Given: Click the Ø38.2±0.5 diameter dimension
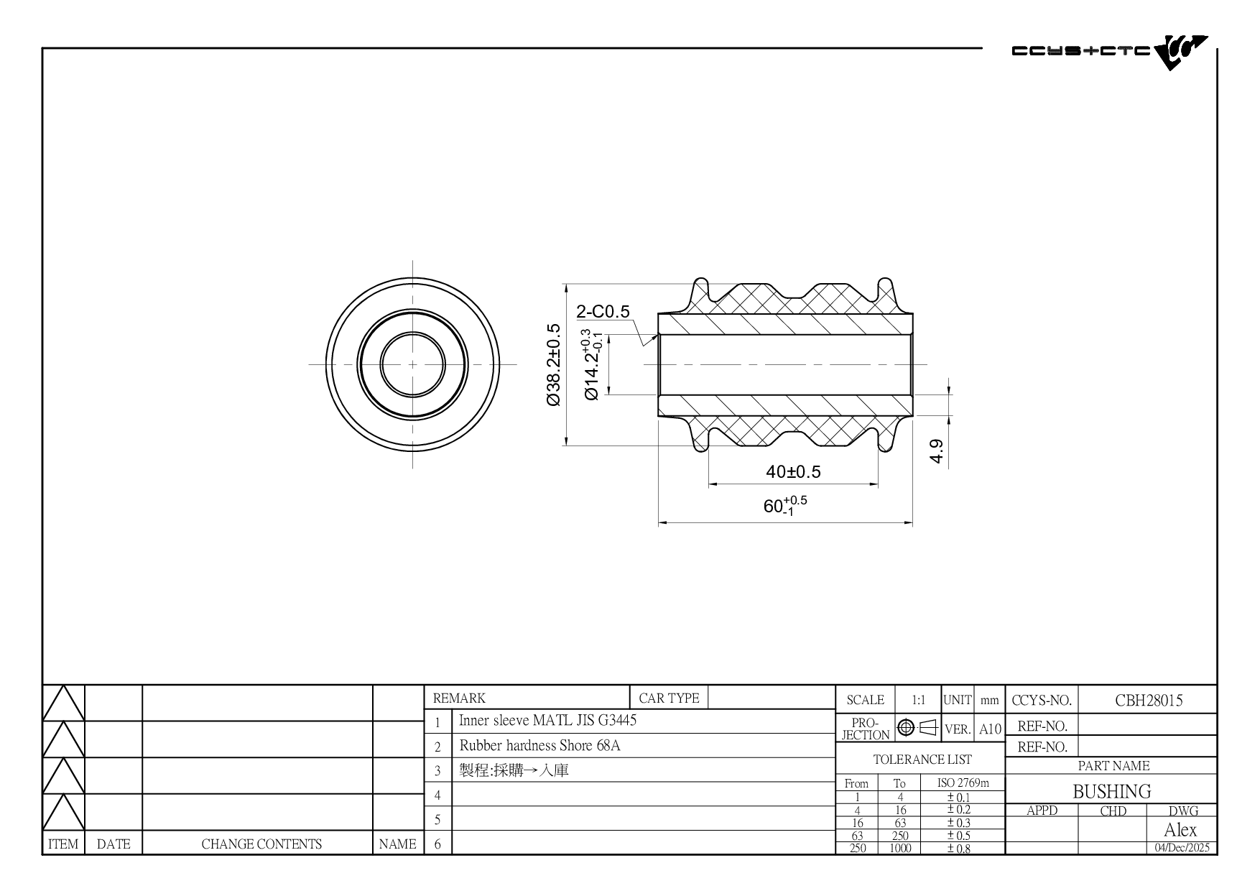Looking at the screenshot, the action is point(553,365).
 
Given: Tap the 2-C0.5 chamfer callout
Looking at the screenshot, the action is point(603,311).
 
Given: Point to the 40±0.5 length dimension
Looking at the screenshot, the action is point(793,472).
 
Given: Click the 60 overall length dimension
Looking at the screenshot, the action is point(785,505).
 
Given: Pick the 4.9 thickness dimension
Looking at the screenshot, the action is point(937,451).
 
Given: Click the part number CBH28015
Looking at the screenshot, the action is point(1149,700).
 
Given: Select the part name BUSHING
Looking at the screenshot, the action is point(1112,791).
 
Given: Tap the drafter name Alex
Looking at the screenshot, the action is point(1180,830).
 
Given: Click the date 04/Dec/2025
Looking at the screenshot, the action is point(1182,848).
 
